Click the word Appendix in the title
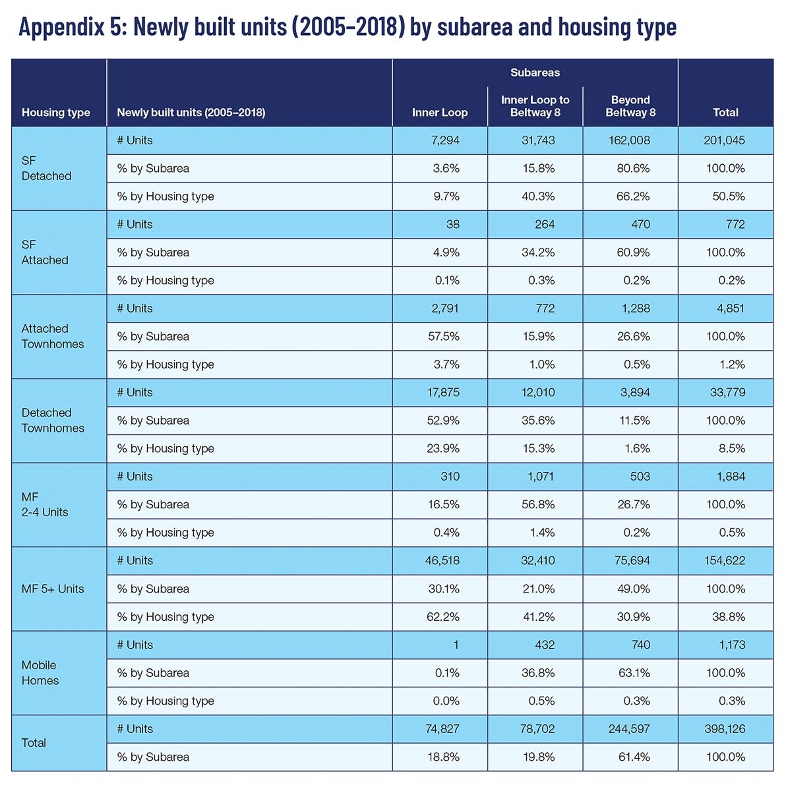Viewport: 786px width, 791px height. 61,26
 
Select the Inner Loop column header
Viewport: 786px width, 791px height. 440,113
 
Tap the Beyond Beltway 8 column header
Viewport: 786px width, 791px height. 630,106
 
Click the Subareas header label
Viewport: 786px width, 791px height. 535,73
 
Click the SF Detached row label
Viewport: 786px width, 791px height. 46,168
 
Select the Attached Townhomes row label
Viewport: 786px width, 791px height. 53,336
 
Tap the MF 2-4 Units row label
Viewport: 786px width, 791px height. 45,504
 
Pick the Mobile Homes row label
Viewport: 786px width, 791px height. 40,673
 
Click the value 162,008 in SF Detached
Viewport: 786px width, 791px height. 629,140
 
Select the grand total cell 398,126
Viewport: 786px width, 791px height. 725,729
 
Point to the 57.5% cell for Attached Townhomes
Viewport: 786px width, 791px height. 444,337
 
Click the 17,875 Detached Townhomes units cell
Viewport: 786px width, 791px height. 443,392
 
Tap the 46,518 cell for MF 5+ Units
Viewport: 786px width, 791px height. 442,561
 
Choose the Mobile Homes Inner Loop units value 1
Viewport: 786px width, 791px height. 456,645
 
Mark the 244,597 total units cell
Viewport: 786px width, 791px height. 629,729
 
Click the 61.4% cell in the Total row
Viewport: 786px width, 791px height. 634,757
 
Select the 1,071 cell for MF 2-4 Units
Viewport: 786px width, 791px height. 541,477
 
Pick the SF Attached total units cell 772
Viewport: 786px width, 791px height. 735,225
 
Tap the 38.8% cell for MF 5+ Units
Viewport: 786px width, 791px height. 729,617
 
